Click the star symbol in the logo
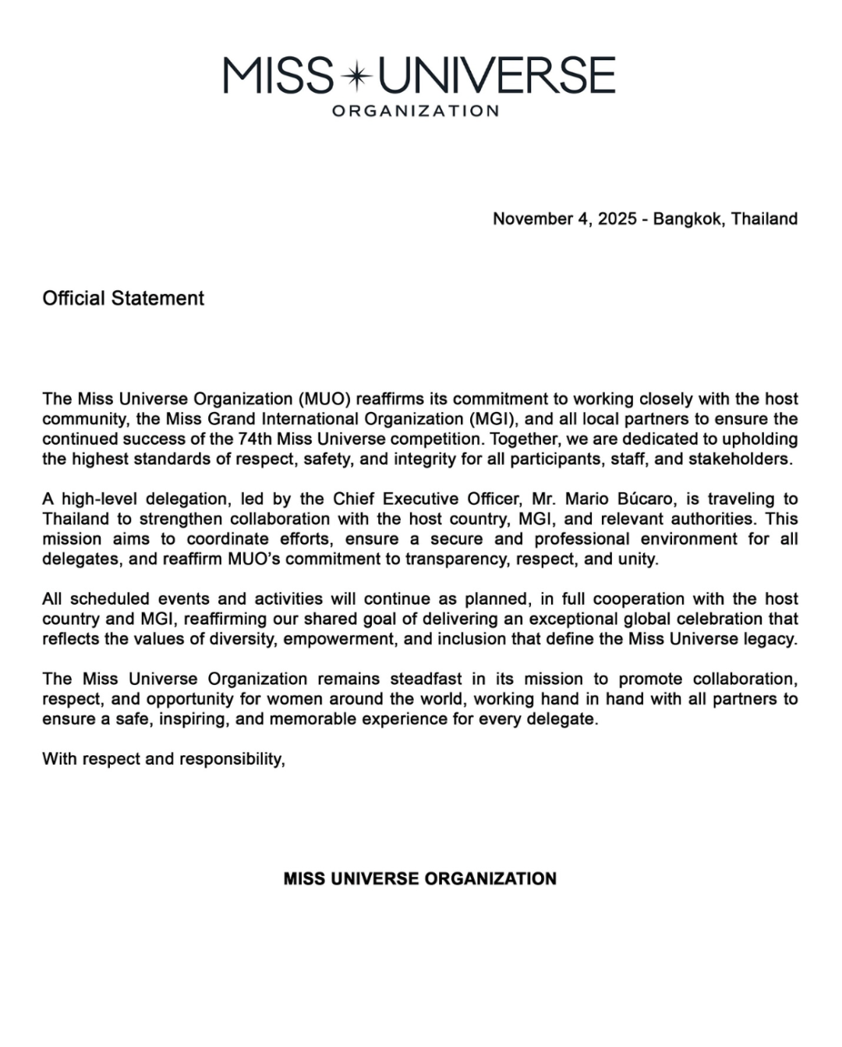(x=357, y=76)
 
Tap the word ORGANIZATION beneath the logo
(x=416, y=111)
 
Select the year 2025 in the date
(x=617, y=218)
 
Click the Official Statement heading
(x=123, y=298)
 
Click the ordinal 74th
(x=255, y=438)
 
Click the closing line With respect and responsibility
(x=164, y=758)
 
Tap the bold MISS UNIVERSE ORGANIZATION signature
(x=420, y=878)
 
